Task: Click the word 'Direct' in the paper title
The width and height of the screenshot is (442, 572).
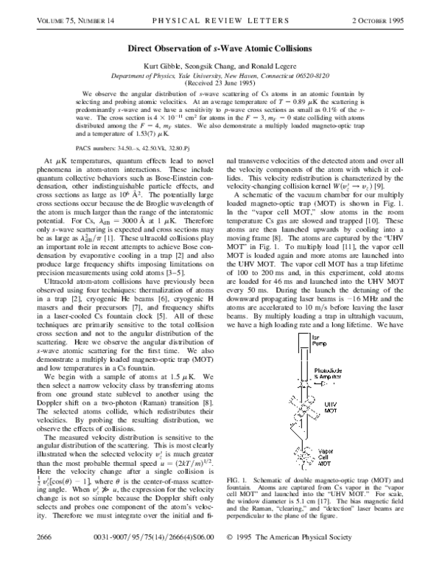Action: point(142,49)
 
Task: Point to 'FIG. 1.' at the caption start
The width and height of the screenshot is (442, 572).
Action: point(242,501)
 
